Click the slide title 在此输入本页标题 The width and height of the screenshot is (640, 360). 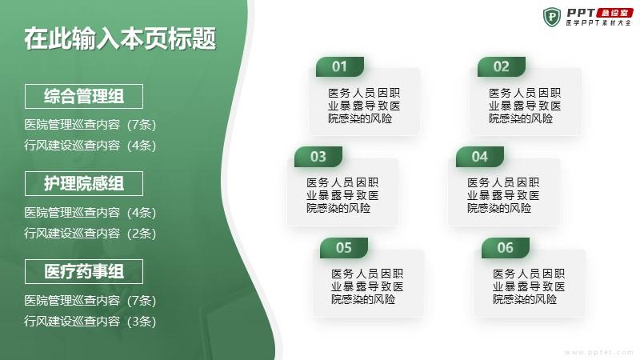click(x=120, y=39)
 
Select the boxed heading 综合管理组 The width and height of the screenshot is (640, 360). click(x=84, y=96)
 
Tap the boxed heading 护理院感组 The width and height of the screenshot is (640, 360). click(x=84, y=184)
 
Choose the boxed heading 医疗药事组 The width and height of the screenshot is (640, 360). click(x=84, y=271)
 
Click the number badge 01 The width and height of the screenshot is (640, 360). click(x=339, y=66)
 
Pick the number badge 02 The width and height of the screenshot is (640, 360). click(x=502, y=66)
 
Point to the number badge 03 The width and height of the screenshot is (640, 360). click(x=318, y=157)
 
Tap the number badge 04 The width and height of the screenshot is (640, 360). click(x=479, y=157)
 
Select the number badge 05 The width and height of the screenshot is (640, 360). click(x=344, y=248)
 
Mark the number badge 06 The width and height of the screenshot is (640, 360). click(x=506, y=248)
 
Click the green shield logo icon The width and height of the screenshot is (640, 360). click(x=552, y=17)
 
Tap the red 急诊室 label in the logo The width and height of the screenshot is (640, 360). click(x=614, y=13)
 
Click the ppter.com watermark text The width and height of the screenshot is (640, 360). click(x=598, y=352)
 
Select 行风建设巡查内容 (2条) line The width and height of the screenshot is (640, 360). click(x=90, y=234)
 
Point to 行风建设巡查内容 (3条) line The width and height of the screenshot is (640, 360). click(x=90, y=322)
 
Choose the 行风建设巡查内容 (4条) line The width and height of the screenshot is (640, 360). click(x=90, y=146)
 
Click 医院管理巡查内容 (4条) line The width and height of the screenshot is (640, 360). click(x=90, y=213)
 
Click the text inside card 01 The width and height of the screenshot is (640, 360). click(x=364, y=106)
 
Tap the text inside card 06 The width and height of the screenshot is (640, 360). click(x=529, y=286)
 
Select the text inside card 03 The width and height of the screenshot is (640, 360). click(x=343, y=195)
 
